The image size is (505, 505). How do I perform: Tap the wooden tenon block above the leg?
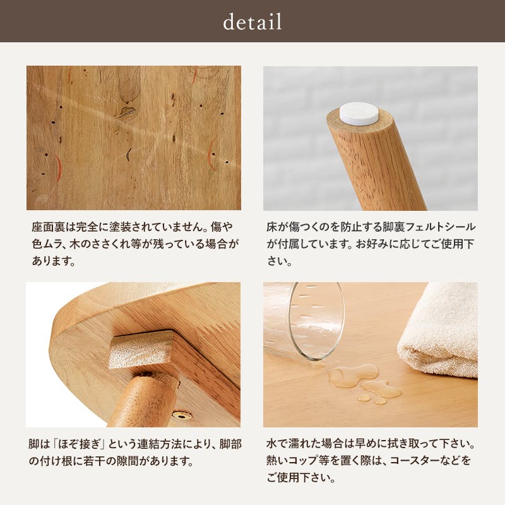pos(140,350)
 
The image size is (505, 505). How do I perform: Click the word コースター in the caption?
pos(401,461)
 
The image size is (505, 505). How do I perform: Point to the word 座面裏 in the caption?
pos(47,227)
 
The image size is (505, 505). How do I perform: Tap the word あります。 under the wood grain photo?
pos(53,259)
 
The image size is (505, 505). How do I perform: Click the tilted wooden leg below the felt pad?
pos(379,164)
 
